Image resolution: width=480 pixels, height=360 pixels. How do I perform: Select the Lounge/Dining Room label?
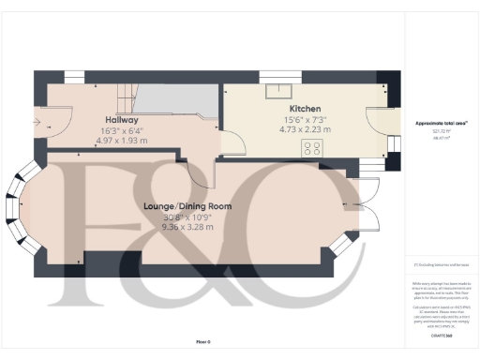(x=187, y=206)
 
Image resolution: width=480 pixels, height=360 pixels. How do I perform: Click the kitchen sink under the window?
(x=278, y=92)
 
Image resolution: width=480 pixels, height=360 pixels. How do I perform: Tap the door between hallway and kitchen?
(x=232, y=142)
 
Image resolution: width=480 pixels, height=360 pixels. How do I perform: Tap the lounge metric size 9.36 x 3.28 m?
(x=187, y=227)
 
